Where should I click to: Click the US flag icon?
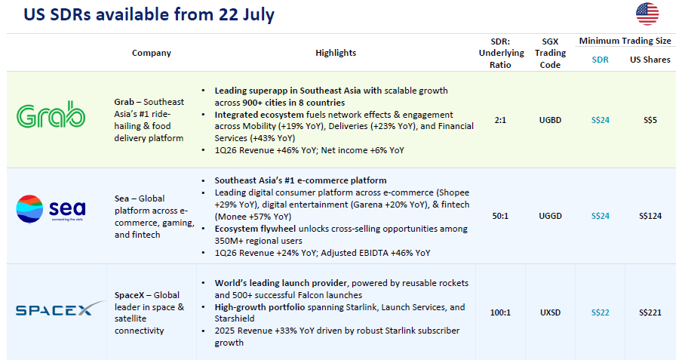click(x=647, y=14)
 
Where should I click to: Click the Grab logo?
click(x=51, y=115)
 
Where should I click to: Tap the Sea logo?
click(x=51, y=209)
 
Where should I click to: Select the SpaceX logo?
click(x=60, y=309)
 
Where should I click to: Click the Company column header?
click(x=152, y=53)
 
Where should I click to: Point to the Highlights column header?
click(x=336, y=53)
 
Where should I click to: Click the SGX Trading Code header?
click(x=550, y=53)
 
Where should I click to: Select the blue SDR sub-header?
click(x=601, y=60)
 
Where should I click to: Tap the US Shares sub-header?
click(x=650, y=60)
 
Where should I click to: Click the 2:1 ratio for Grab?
click(x=500, y=120)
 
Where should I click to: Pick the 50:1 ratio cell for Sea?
click(x=500, y=216)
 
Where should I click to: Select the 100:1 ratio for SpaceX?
click(x=500, y=312)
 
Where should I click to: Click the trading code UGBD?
click(x=550, y=120)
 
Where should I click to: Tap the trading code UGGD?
click(x=550, y=216)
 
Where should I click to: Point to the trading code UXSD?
click(x=550, y=312)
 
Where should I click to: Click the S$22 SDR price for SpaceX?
click(x=601, y=312)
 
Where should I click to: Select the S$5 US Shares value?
click(x=650, y=120)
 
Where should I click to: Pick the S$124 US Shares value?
click(x=650, y=216)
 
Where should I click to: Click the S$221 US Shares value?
click(x=650, y=312)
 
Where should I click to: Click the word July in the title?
click(x=257, y=15)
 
